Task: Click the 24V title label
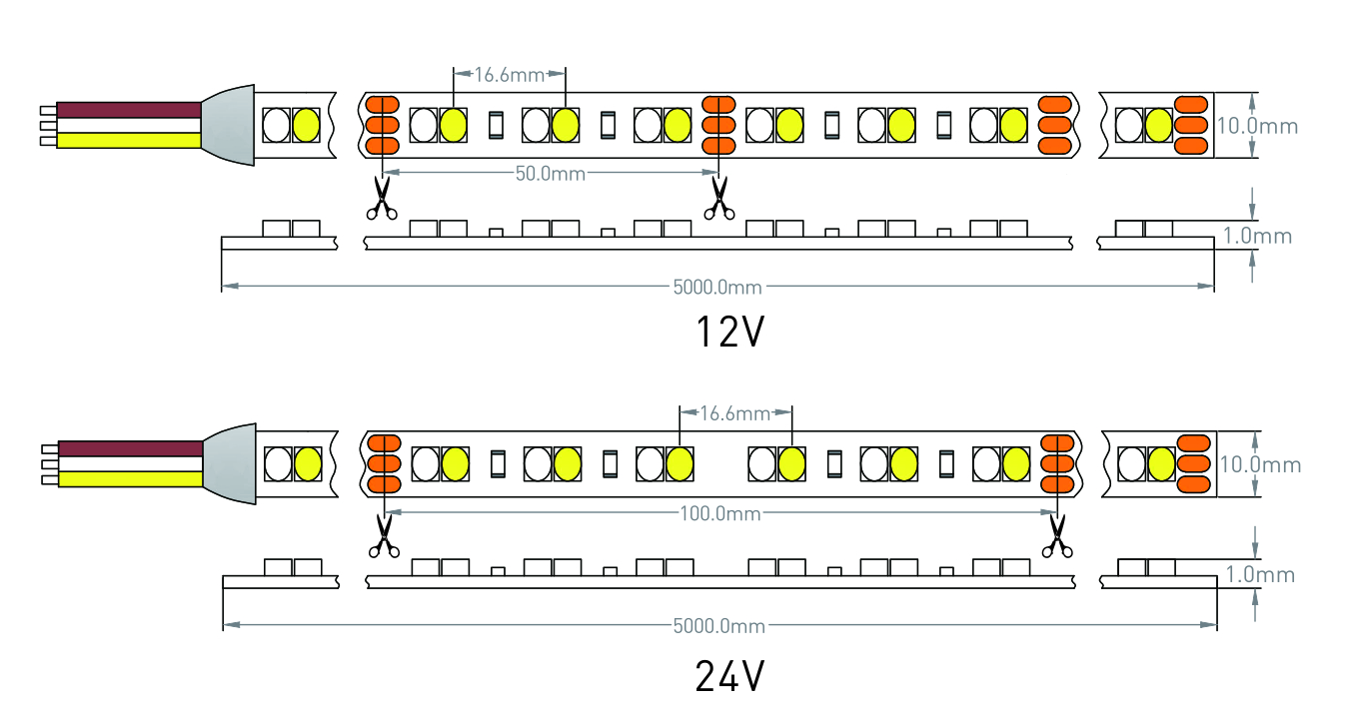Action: pyautogui.click(x=729, y=678)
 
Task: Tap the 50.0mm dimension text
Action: pyautogui.click(x=551, y=174)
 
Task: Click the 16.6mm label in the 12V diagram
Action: pyautogui.click(x=509, y=74)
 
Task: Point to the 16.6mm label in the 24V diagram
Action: pyautogui.click(x=734, y=412)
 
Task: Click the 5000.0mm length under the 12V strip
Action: pyautogui.click(x=717, y=288)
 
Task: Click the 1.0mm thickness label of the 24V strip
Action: pyautogui.click(x=1260, y=575)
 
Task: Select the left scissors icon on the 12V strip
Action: pyautogui.click(x=381, y=198)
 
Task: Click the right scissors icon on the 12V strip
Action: pyautogui.click(x=716, y=198)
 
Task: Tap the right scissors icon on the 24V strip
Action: pyautogui.click(x=1055, y=536)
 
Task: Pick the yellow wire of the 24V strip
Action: pyautogui.click(x=130, y=479)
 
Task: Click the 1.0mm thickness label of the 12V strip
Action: pyautogui.click(x=1258, y=237)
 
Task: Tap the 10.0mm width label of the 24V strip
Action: pyautogui.click(x=1259, y=465)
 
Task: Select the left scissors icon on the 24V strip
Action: pyautogui.click(x=382, y=536)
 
